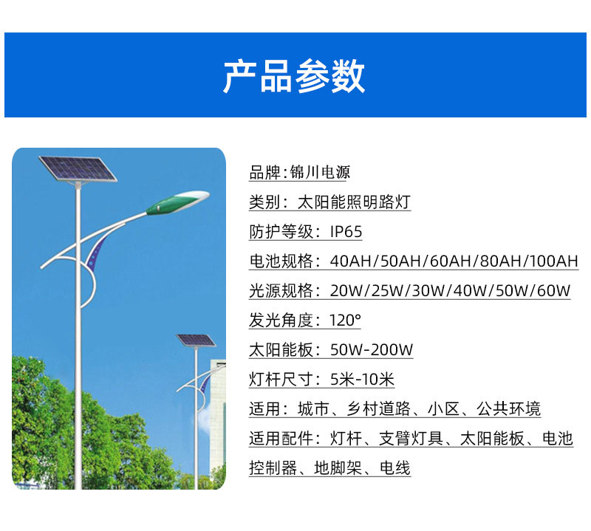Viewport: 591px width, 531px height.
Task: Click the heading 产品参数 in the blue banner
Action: click(294, 76)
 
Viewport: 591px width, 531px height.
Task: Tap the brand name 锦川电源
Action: click(320, 172)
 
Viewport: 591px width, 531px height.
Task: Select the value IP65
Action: click(346, 231)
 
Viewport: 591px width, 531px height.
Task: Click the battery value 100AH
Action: click(553, 261)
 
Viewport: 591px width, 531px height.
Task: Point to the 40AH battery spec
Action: click(350, 261)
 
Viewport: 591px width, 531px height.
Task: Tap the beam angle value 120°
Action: click(345, 320)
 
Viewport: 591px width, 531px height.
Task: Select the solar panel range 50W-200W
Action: click(372, 350)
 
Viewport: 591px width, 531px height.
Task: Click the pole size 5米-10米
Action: click(362, 379)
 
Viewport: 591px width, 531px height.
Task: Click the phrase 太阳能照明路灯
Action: click(354, 202)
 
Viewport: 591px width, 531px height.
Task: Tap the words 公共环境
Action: click(508, 409)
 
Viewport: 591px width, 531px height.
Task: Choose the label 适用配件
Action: click(281, 438)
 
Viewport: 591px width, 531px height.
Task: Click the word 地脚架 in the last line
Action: click(338, 468)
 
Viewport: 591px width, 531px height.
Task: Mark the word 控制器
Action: click(273, 468)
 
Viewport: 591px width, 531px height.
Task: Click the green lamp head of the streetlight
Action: click(177, 203)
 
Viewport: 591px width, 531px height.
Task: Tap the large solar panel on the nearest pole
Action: click(78, 169)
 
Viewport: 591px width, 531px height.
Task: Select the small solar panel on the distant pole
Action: click(196, 340)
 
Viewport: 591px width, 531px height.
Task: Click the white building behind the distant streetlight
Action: click(218, 414)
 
